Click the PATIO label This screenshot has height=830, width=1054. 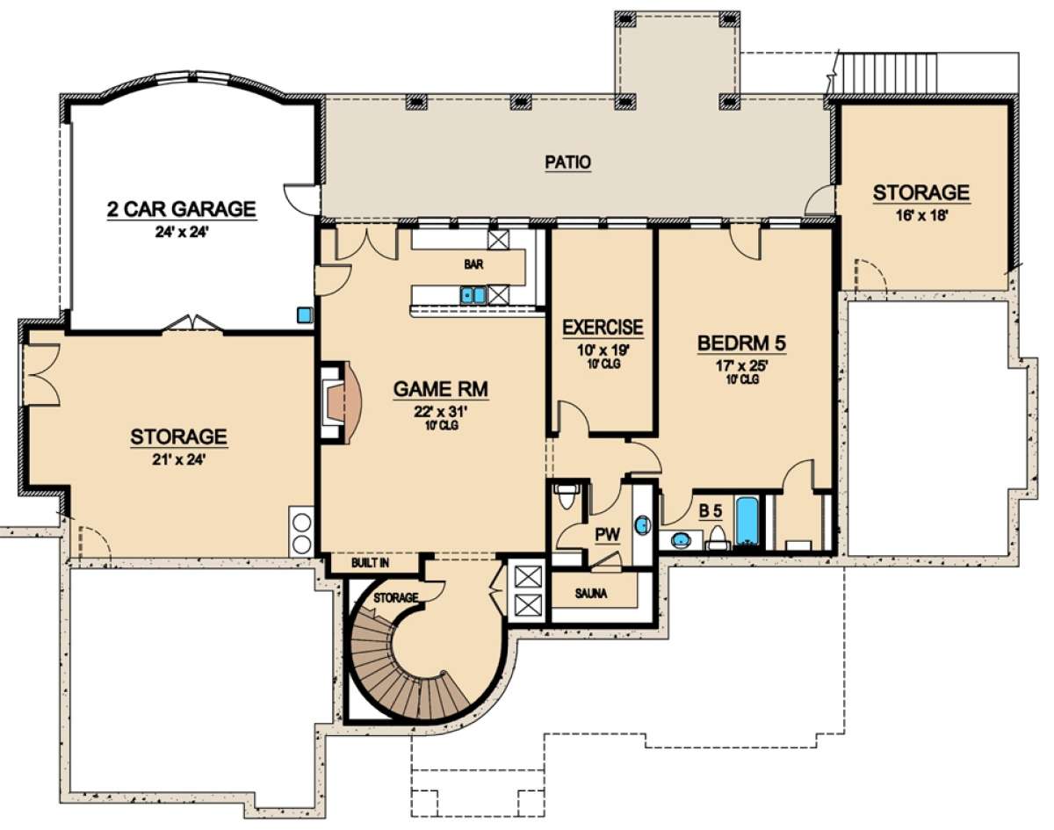(x=568, y=162)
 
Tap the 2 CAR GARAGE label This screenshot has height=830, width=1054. (x=182, y=209)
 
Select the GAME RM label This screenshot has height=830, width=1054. (x=441, y=389)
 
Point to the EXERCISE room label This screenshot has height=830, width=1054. (x=603, y=328)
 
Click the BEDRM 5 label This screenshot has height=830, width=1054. (x=741, y=343)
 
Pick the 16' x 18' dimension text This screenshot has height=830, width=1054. (x=920, y=215)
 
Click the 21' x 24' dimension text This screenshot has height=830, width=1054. (x=177, y=459)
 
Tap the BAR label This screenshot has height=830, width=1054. (x=473, y=264)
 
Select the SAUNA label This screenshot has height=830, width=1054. (x=591, y=594)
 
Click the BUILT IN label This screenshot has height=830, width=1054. (x=371, y=563)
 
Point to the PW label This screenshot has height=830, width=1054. (x=607, y=535)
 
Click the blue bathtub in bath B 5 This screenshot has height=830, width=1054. (x=747, y=523)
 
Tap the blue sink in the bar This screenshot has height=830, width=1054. (x=473, y=295)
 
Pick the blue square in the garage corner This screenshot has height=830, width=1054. (x=305, y=314)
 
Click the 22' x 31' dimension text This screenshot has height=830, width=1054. (x=441, y=412)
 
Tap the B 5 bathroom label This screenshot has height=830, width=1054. (x=711, y=511)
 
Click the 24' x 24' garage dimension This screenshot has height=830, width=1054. (x=182, y=231)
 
